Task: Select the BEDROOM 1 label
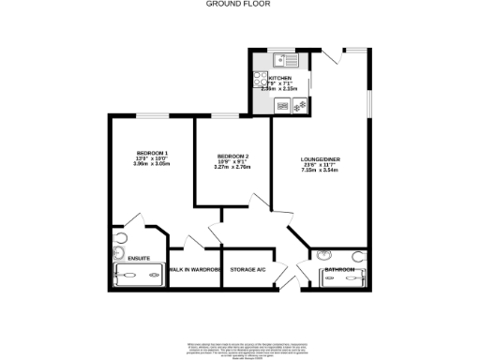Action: pos(152,153)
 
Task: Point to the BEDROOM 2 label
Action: pos(232,156)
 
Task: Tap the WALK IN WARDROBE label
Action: pos(194,269)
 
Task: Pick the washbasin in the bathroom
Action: pos(323,254)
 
